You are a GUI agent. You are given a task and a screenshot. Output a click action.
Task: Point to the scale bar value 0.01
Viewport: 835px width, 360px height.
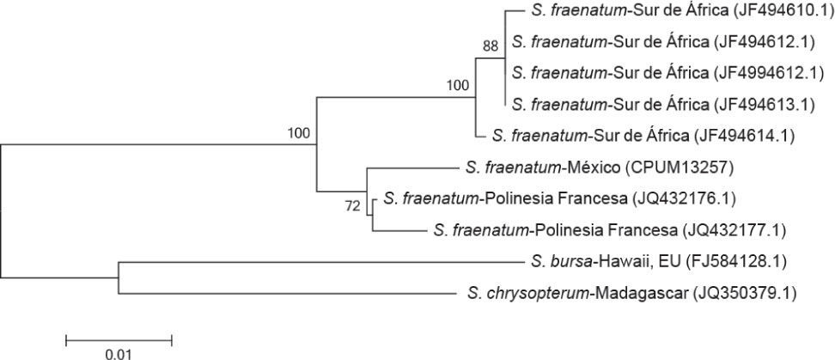[x=119, y=353]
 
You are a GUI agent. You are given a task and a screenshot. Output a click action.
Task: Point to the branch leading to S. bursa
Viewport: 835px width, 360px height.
[x=318, y=261]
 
